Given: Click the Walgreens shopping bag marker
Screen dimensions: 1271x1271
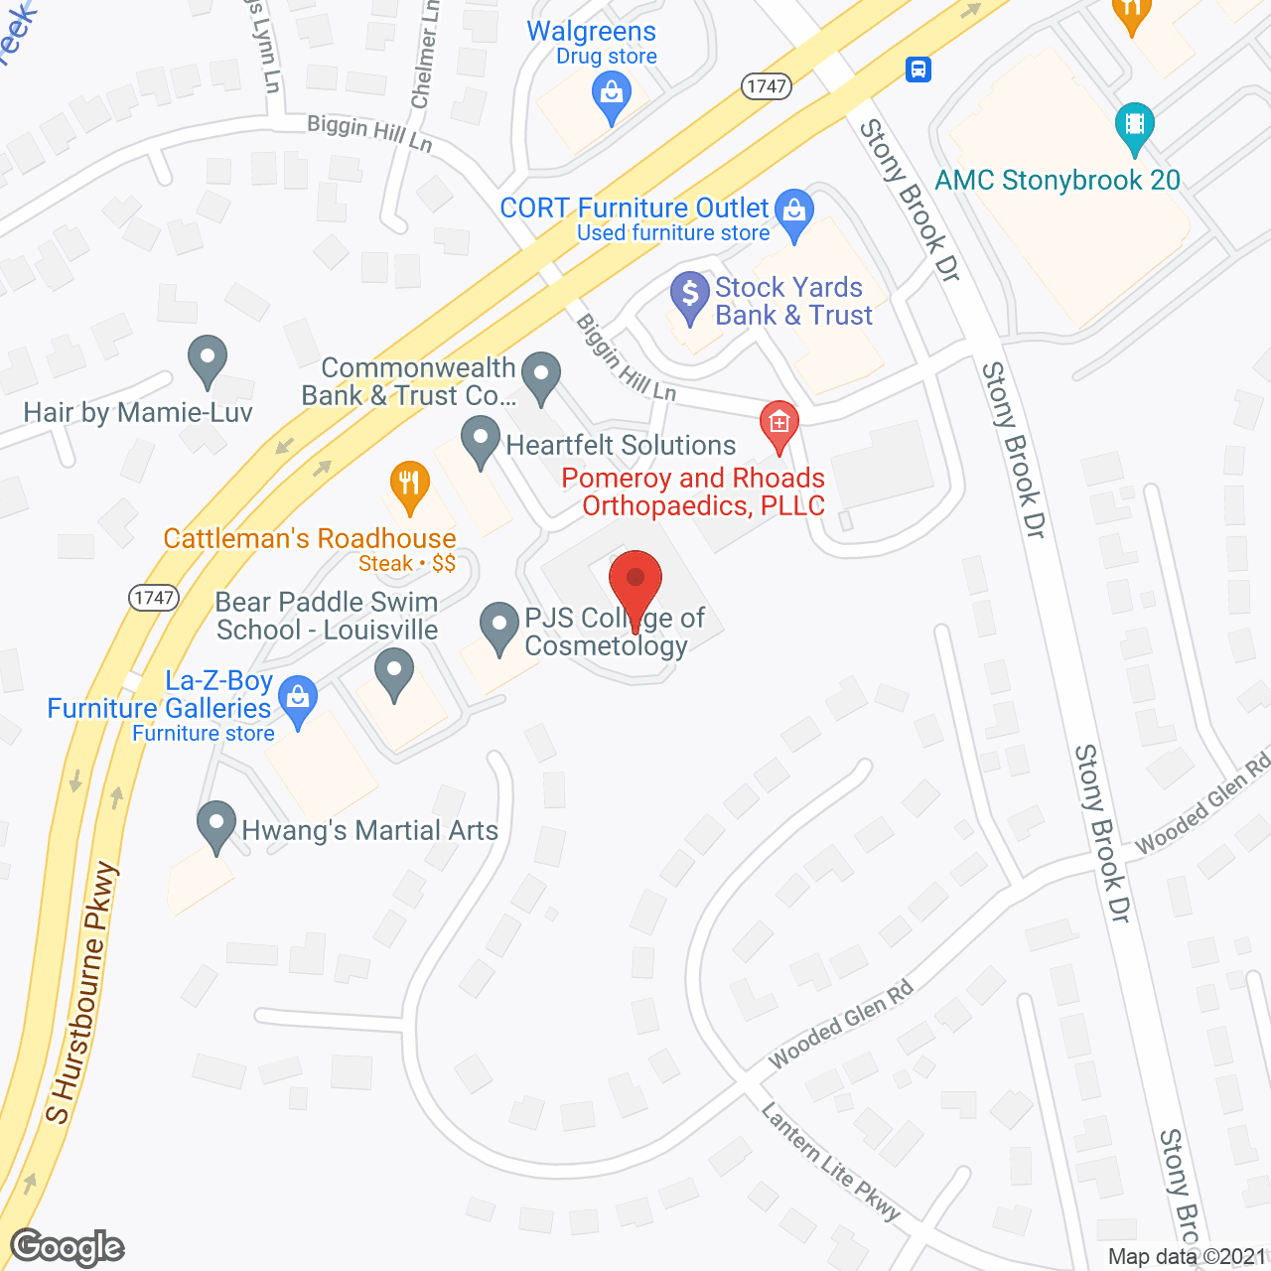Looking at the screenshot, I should pyautogui.click(x=612, y=96).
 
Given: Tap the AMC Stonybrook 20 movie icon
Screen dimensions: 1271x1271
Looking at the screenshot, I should pyautogui.click(x=1134, y=125).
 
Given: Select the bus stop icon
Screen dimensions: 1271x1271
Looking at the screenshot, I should pyautogui.click(x=918, y=70).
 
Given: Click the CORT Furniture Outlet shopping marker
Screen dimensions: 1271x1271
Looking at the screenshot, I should pyautogui.click(x=793, y=212).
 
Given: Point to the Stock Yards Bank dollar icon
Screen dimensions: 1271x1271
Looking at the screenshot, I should pyautogui.click(x=689, y=295).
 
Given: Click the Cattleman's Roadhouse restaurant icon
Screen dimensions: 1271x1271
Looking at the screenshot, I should pyautogui.click(x=409, y=486).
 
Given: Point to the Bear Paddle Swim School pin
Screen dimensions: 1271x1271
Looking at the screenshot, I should pyautogui.click(x=394, y=672).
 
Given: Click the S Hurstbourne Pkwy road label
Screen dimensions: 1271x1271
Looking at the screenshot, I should pyautogui.click(x=82, y=993).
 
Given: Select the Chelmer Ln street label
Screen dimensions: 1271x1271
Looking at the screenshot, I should pyautogui.click(x=424, y=55).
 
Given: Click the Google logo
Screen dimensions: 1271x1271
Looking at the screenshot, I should pyautogui.click(x=68, y=1247).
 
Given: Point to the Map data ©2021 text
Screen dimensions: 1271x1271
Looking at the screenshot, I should pyautogui.click(x=1187, y=1256).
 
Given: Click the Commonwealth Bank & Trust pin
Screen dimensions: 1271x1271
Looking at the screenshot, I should pyautogui.click(x=541, y=377).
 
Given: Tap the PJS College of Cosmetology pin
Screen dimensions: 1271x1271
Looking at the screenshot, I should pyautogui.click(x=499, y=626).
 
